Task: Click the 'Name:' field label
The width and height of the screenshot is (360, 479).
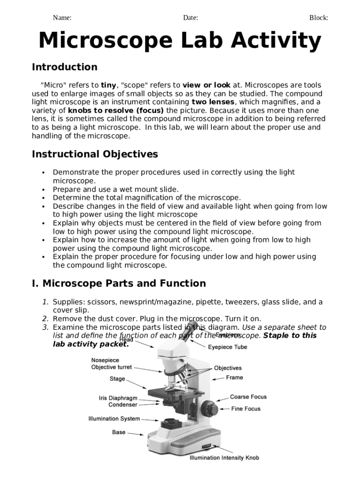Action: [62, 18]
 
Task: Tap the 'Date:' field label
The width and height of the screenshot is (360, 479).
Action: [190, 18]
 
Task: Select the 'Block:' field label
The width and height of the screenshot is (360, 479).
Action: [318, 18]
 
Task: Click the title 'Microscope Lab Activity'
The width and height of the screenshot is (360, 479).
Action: [180, 41]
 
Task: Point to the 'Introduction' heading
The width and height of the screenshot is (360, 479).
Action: [65, 67]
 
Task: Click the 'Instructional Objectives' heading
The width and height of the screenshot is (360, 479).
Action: [95, 154]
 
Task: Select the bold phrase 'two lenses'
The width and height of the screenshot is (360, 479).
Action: [213, 102]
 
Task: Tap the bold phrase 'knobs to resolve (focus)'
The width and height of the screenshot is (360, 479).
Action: [116, 110]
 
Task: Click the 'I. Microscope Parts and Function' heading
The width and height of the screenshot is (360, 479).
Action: [119, 283]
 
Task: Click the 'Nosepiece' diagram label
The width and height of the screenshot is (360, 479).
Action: [105, 360]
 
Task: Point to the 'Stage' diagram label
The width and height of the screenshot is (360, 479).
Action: [117, 378]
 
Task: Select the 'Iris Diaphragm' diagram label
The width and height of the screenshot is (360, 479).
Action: [118, 398]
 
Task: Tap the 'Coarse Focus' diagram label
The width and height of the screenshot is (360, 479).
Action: [248, 397]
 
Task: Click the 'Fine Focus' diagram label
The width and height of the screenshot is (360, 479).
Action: [246, 409]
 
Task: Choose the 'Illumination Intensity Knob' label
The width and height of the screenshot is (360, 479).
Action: [224, 457]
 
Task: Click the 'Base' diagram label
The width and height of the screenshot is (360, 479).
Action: [119, 432]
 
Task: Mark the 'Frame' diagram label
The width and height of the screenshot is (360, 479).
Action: [235, 377]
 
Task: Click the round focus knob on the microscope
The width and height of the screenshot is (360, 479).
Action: [209, 410]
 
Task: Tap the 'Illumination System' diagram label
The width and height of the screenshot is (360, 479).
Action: [114, 418]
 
